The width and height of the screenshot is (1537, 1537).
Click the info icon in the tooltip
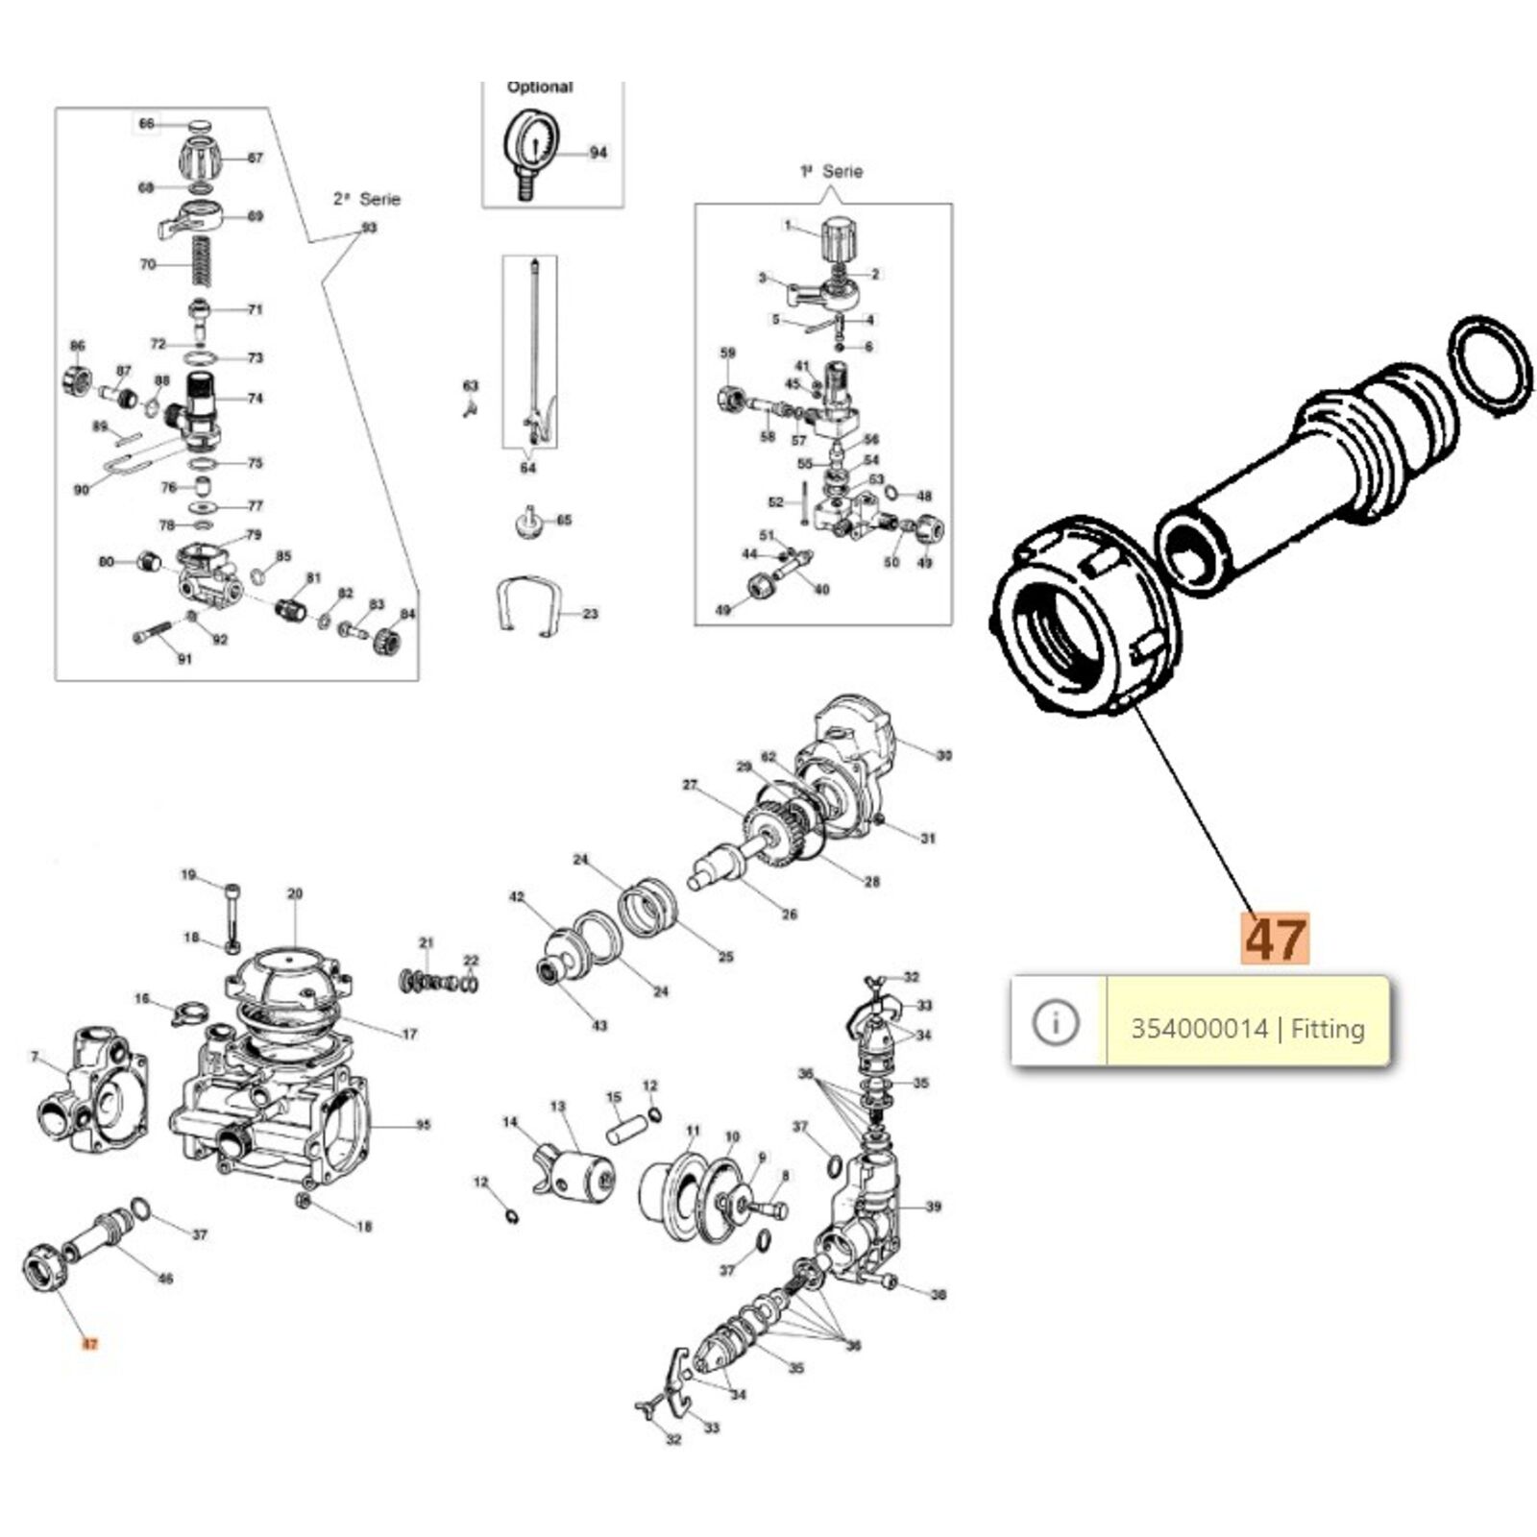tap(1055, 1021)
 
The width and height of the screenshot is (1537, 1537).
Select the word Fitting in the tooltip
tap(1328, 1029)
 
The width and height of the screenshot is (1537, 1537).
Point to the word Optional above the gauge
tap(539, 86)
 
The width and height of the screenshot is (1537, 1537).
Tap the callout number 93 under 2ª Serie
tap(369, 228)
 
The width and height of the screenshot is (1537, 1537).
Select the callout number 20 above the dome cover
tap(294, 893)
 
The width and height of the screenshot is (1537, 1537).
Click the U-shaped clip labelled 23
tap(527, 604)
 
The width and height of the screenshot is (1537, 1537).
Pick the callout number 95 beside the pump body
tap(423, 1125)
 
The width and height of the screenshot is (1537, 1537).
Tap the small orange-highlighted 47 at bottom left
tap(89, 1344)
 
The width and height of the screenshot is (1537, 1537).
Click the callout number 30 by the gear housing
tap(944, 755)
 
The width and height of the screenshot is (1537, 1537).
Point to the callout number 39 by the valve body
tap(933, 1207)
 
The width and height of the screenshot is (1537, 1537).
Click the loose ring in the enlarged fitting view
tap(1489, 366)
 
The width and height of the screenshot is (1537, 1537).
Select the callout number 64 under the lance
tap(527, 468)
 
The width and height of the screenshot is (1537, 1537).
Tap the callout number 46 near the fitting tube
tap(165, 1279)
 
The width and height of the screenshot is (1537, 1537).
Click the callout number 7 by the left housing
tap(35, 1057)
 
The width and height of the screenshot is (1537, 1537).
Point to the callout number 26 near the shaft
tap(789, 914)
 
